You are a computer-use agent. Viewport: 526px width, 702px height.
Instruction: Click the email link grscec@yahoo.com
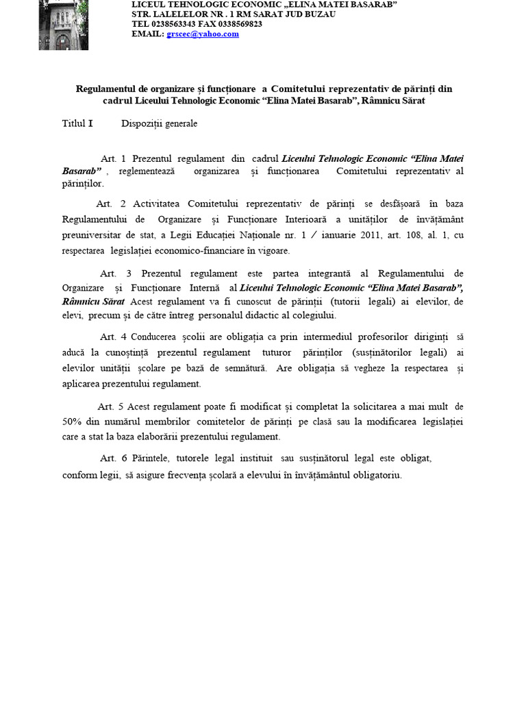pos(203,34)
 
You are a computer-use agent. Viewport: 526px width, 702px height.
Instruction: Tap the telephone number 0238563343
pos(173,24)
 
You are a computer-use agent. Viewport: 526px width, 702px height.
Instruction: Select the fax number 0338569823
pos(238,24)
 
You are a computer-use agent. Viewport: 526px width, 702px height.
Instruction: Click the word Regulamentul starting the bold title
pos(112,89)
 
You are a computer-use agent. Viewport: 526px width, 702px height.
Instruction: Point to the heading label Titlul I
pos(77,124)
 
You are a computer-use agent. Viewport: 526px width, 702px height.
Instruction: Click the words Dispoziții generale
pos(159,124)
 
